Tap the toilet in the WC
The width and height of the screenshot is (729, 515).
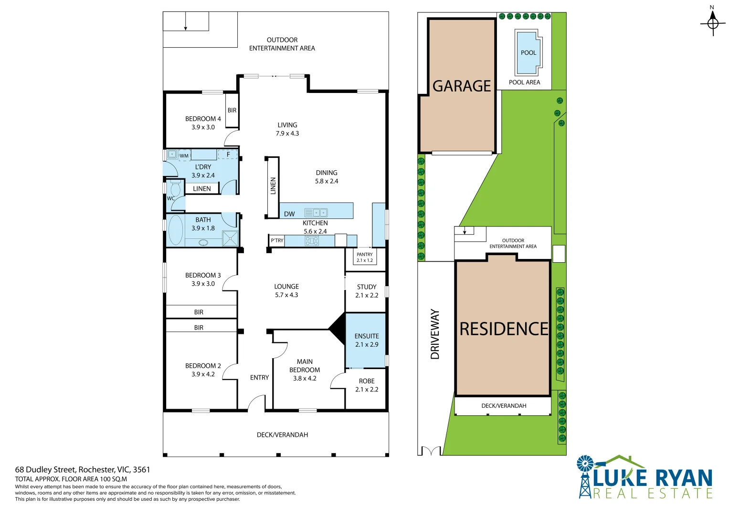tap(176, 188)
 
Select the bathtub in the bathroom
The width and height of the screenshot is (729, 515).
tap(176, 230)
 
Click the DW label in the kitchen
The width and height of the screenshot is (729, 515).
tap(289, 214)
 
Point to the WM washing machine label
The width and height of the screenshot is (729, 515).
tap(184, 156)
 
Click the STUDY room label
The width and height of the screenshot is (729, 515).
tap(367, 287)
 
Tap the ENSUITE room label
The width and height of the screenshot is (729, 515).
tap(367, 336)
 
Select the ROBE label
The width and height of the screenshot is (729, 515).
tap(367, 381)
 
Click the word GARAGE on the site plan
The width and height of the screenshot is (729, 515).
tap(462, 86)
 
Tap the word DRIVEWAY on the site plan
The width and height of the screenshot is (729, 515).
tap(435, 334)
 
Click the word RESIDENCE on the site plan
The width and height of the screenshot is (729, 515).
tap(504, 329)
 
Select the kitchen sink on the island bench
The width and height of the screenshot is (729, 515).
tap(316, 213)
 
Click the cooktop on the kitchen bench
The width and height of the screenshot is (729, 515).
tap(311, 241)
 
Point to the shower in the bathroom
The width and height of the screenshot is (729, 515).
tap(231, 238)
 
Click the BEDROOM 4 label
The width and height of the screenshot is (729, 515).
tap(203, 119)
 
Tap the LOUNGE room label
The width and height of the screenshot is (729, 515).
tap(286, 287)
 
